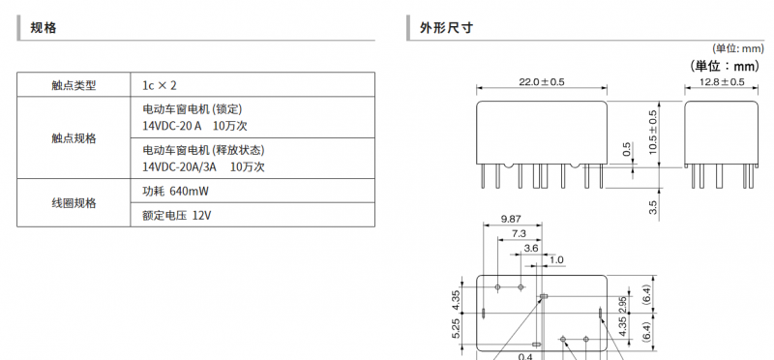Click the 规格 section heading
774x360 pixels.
click(44, 28)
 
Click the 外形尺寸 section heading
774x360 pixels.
click(446, 28)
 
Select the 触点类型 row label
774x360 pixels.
click(74, 85)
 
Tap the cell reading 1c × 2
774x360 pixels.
click(160, 85)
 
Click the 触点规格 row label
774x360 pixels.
click(74, 138)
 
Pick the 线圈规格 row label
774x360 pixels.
click(74, 203)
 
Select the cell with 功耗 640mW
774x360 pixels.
click(176, 191)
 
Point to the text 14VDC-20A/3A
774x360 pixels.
click(180, 166)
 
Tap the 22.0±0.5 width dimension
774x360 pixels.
click(542, 82)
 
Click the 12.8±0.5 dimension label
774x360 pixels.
click(721, 82)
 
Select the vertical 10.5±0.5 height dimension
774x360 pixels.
click(654, 132)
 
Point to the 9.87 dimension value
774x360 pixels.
click(511, 220)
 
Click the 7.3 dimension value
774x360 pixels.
click(519, 233)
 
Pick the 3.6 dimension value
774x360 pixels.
click(531, 248)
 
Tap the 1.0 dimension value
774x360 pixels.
click(556, 259)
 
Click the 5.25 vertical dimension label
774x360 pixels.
click(456, 328)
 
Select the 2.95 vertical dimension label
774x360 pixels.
click(622, 305)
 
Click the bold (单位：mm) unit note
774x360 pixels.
click(724, 66)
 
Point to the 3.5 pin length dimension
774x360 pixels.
click(654, 207)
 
